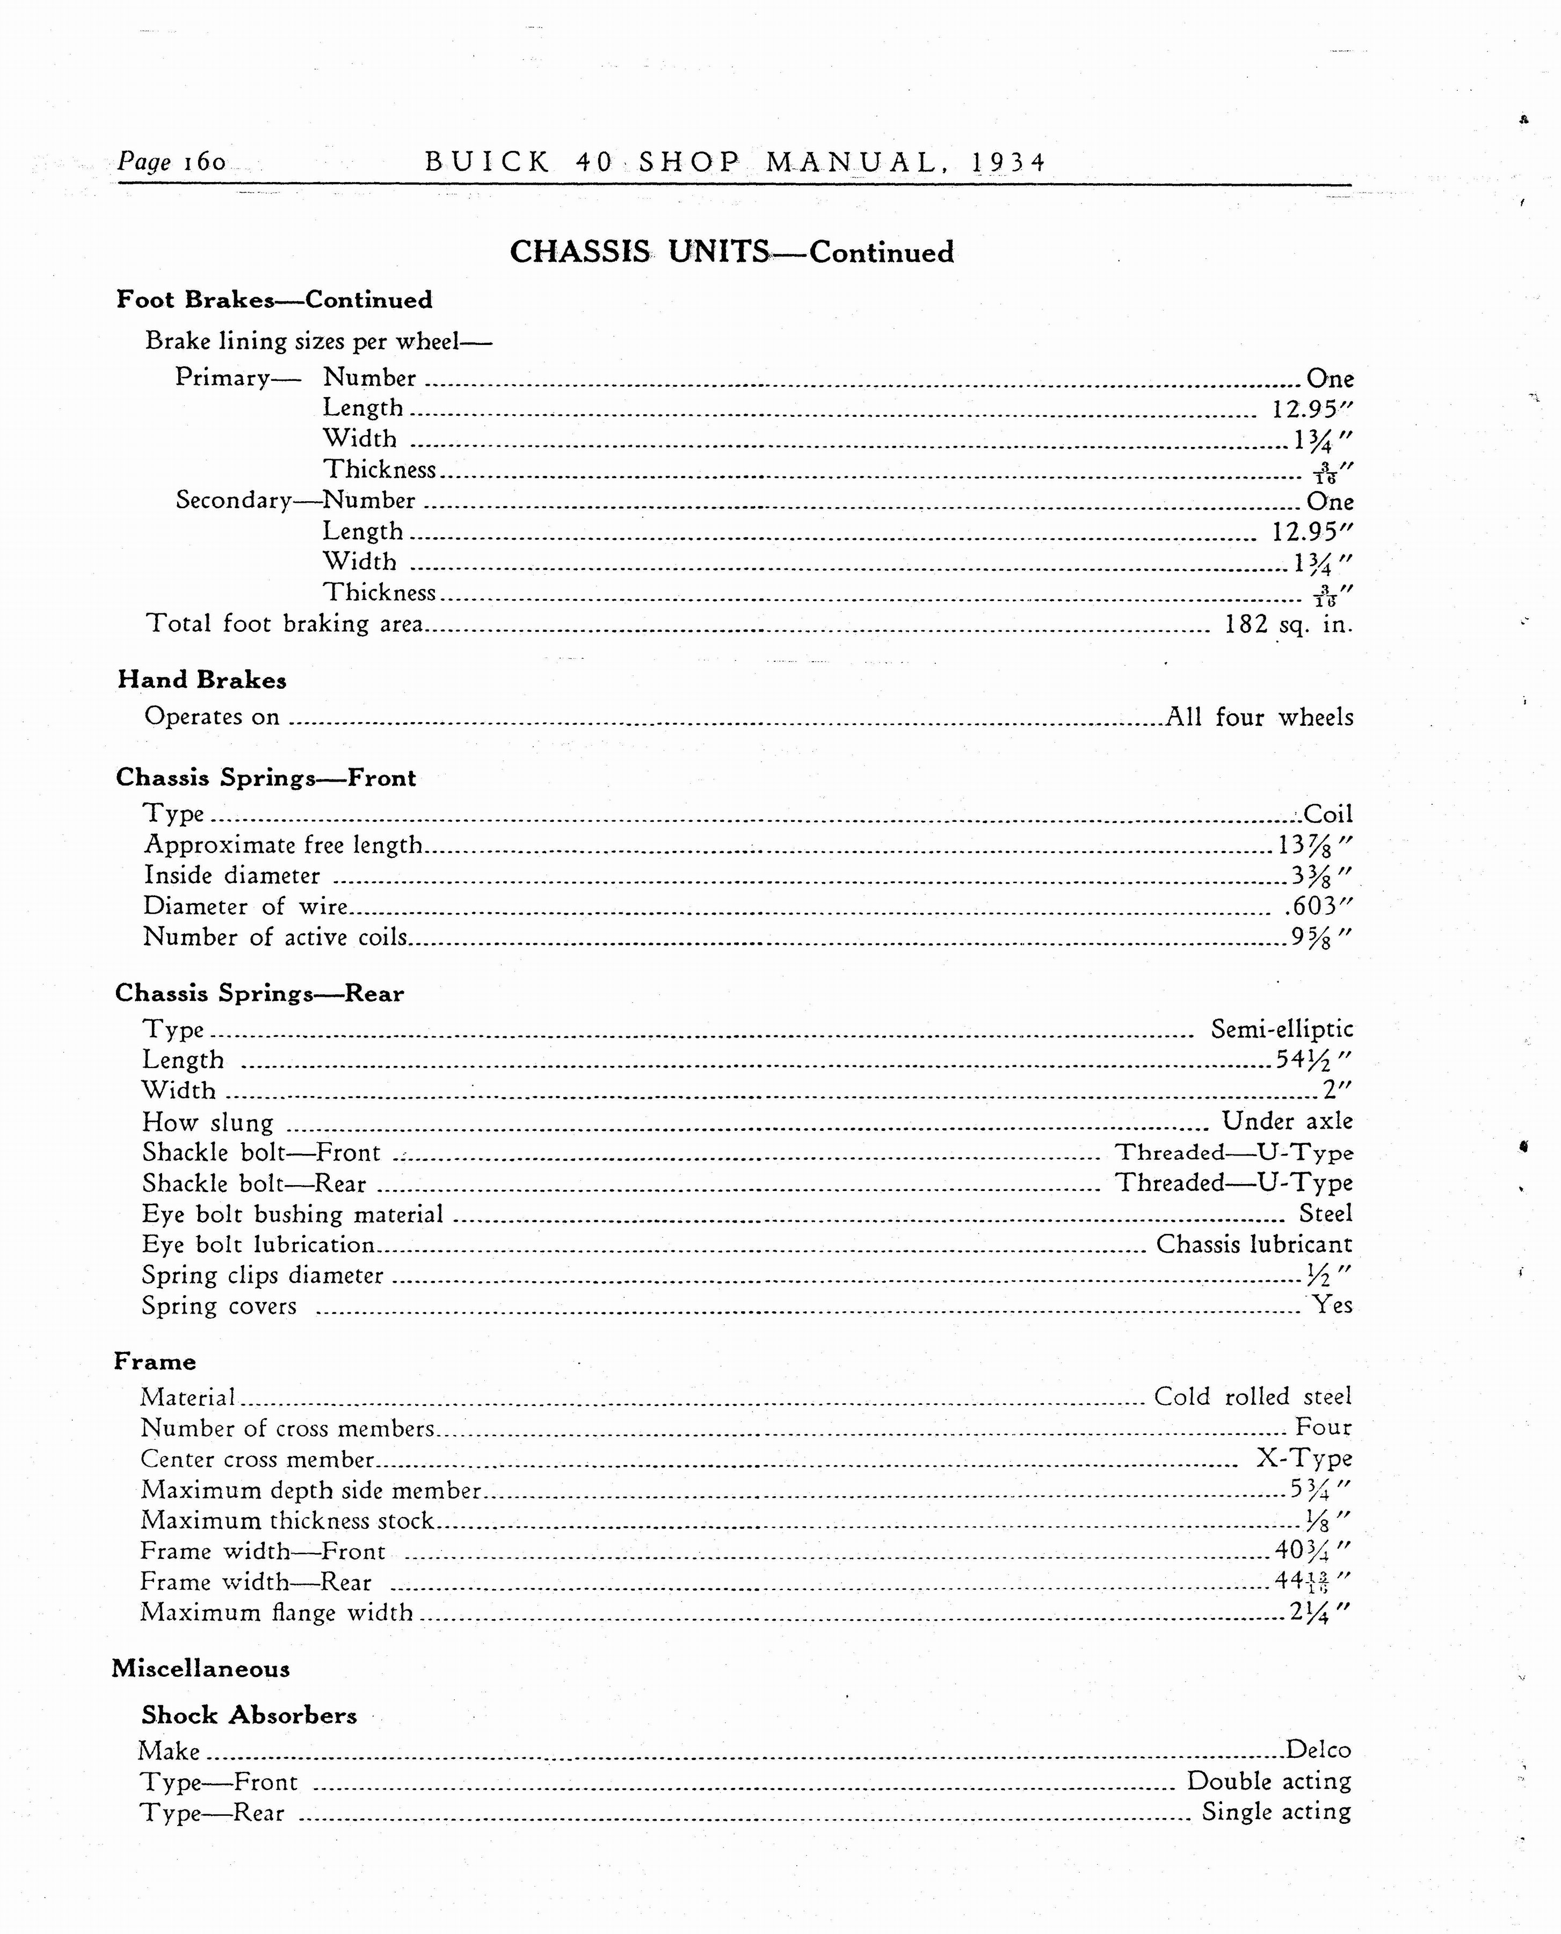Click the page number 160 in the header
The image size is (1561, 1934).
[204, 162]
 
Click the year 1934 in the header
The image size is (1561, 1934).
[1009, 163]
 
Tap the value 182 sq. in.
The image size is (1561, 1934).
[1288, 624]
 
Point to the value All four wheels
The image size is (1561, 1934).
[1259, 717]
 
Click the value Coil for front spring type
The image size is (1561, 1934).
[1327, 814]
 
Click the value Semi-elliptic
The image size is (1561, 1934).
[1281, 1029]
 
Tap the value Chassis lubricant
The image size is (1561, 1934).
[1253, 1244]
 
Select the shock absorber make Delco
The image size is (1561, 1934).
[1318, 1750]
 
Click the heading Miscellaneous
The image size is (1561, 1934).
[200, 1669]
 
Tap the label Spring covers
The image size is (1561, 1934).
[219, 1306]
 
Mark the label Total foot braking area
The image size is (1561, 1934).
[284, 624]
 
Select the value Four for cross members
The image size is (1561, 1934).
[1323, 1427]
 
